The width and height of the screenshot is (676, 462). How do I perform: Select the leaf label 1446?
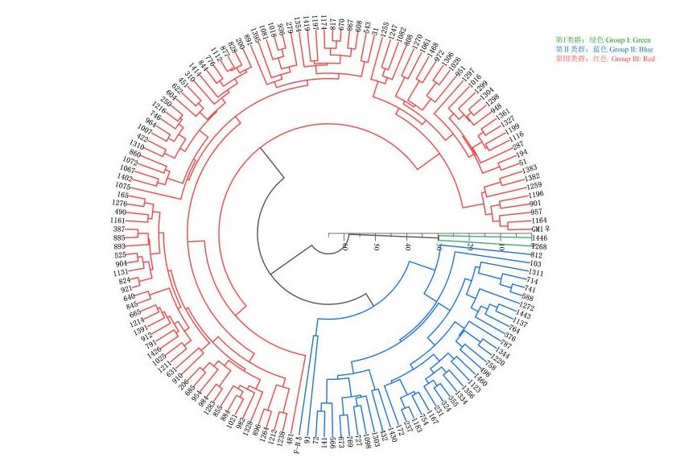click(539, 239)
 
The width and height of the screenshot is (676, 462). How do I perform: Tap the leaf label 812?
click(537, 255)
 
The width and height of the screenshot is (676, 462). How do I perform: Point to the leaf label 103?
click(535, 264)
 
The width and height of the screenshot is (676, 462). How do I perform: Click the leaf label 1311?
click(534, 273)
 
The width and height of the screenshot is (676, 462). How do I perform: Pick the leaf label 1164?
click(538, 221)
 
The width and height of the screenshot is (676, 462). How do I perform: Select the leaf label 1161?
click(117, 220)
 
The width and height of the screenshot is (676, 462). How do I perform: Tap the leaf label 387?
click(120, 230)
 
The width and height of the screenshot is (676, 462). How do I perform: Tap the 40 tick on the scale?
click(408, 246)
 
